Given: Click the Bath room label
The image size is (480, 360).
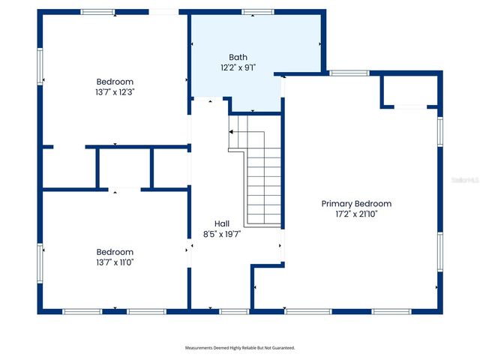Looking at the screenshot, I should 238,57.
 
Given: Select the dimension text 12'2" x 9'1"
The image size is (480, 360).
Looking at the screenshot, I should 238,67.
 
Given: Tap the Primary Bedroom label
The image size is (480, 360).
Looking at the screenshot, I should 356,203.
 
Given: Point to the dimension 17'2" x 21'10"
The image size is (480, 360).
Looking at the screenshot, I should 356,214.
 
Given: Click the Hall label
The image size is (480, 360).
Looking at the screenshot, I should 222,223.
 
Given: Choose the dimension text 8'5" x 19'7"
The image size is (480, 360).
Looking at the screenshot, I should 222,234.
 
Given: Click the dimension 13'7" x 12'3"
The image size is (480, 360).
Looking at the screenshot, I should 115,92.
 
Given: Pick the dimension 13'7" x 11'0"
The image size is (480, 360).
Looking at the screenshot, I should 115,262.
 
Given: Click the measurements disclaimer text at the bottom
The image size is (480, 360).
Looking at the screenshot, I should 240,348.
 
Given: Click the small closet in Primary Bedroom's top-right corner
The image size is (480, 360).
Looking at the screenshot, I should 409,91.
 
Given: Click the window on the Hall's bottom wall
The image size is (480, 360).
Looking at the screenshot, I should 234,311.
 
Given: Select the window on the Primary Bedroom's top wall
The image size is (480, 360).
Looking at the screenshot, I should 348,73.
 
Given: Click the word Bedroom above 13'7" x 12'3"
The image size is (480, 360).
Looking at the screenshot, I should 115,82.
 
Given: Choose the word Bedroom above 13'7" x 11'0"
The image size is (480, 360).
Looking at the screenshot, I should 115,252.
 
